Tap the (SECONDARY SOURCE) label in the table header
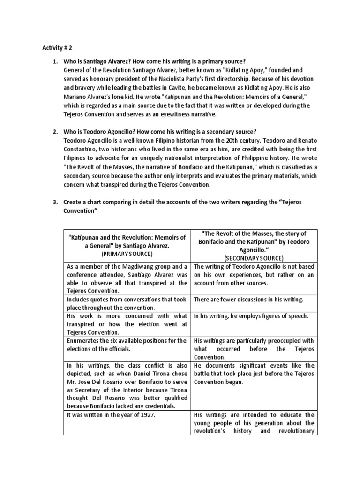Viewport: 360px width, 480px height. coord(254,258)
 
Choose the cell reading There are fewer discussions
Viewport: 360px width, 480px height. coord(248,300)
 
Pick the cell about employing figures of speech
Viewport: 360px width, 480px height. coord(251,316)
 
